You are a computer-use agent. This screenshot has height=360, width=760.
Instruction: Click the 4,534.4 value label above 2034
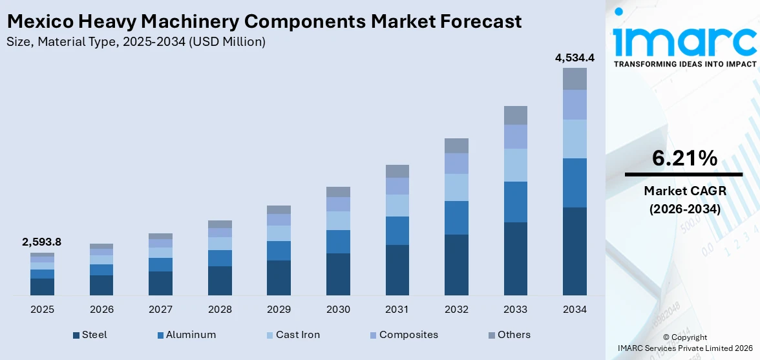point(575,58)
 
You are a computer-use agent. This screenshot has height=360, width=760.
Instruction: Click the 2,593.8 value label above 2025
point(41,242)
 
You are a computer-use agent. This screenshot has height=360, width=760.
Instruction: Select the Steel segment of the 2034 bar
point(575,251)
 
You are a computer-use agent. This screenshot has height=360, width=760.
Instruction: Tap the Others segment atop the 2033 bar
point(516,115)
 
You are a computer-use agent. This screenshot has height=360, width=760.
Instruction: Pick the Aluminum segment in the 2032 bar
point(456,218)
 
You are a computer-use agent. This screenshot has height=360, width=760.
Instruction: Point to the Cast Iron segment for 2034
point(575,139)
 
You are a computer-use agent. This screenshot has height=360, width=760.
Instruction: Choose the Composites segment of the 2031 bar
point(397,186)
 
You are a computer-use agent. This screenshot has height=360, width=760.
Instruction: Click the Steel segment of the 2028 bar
point(220,281)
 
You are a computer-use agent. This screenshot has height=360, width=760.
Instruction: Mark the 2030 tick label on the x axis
point(338,310)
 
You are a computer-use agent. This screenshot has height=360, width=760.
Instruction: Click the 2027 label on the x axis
point(160,310)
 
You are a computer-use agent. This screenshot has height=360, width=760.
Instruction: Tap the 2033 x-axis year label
point(516,310)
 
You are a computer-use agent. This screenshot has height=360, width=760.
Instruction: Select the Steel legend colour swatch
point(76,335)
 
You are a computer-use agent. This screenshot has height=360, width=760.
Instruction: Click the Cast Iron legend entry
point(297,335)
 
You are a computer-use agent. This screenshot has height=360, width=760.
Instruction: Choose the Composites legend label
point(408,335)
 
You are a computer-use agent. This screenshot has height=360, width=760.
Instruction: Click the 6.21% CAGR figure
point(684,158)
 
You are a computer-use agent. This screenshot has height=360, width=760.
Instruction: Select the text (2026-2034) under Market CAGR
point(684,209)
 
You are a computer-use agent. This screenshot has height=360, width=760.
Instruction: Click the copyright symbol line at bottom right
point(685,337)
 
